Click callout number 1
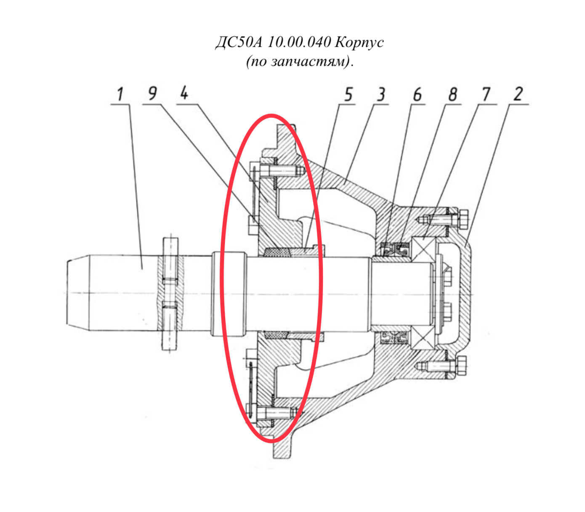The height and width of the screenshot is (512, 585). click(120, 94)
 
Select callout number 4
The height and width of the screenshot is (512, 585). click(184, 93)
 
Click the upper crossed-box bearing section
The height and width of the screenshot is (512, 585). click(423, 249)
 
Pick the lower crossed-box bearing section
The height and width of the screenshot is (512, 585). click(423, 337)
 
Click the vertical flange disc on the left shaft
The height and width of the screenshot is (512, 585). click(170, 294)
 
